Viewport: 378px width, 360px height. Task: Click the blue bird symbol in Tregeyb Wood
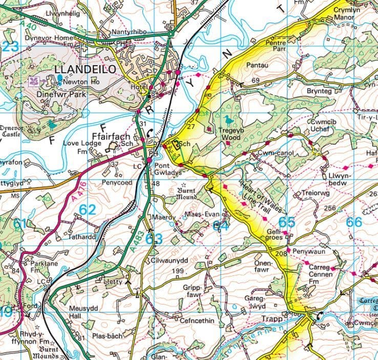pos(228,120)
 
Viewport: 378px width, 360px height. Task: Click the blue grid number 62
pos(88,209)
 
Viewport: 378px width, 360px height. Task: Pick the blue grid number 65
pos(287,222)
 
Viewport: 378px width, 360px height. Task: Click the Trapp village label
pos(271,318)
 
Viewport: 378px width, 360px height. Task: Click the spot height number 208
pos(280,254)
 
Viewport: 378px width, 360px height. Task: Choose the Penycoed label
pos(117,182)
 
